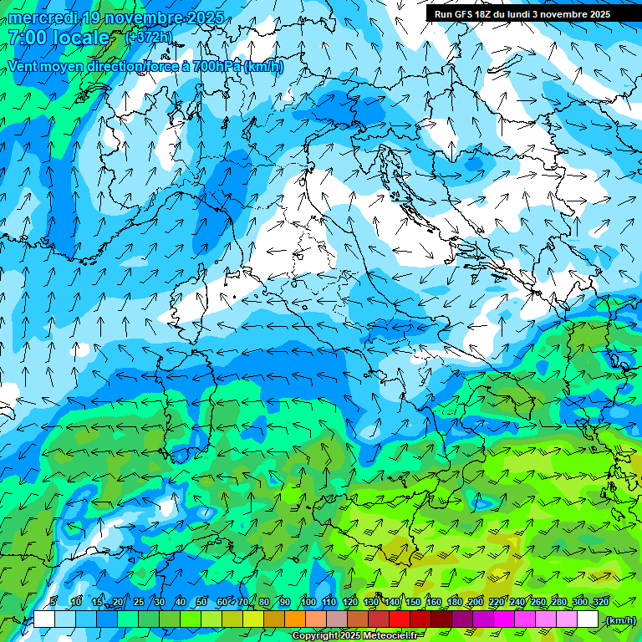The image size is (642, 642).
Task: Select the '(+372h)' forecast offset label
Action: pos(149,37)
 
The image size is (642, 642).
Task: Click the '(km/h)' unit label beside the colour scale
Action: pos(620,620)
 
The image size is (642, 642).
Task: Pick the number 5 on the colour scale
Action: pos(53,602)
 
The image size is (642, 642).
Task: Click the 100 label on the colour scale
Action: pos(308,602)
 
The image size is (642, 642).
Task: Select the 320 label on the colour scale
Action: pos(600,602)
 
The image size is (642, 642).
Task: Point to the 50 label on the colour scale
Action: pos(201,602)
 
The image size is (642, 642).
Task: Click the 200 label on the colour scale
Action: pos(476,602)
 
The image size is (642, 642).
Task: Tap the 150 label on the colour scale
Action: pos(412,602)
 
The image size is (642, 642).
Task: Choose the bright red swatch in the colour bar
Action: pos(400,619)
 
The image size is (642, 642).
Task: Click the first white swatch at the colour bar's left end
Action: pos(43,619)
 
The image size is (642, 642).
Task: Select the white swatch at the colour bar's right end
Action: pos(588,619)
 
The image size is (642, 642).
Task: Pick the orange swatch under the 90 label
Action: pos(295,619)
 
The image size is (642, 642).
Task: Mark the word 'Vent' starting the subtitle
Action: pos(22,66)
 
